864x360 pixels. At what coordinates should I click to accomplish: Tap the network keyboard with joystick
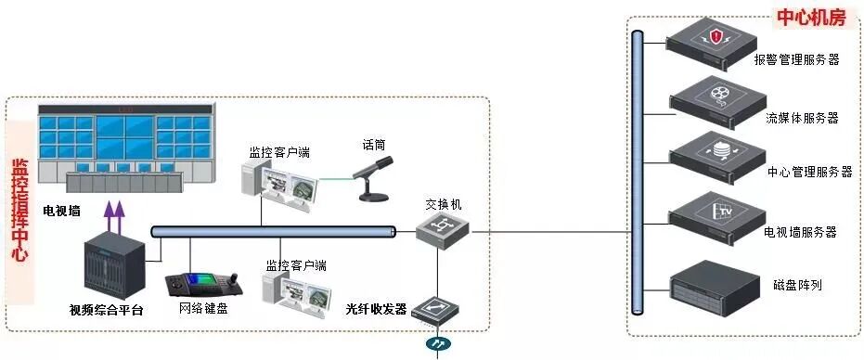(x=205, y=282)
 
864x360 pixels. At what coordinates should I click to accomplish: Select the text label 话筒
(x=374, y=145)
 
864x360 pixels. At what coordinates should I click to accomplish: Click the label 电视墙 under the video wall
(x=61, y=211)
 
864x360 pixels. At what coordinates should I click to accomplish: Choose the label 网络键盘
(x=203, y=308)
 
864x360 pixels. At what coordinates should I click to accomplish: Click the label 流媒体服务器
(x=802, y=118)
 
